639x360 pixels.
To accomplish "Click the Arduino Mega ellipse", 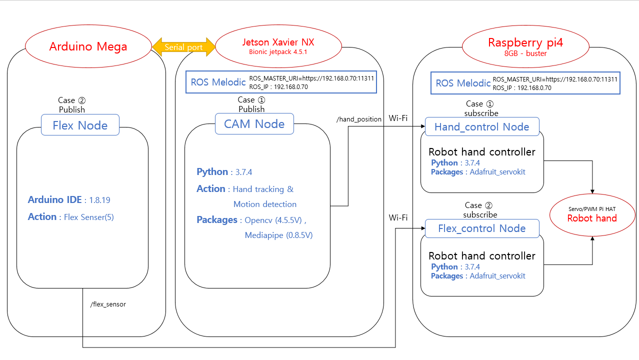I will click(x=88, y=46).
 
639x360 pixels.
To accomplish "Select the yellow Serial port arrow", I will click(x=183, y=47).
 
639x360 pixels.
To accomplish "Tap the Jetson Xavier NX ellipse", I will click(x=278, y=46).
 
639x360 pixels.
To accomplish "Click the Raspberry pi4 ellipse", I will click(x=525, y=46).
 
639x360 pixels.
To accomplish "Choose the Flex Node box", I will click(x=80, y=125).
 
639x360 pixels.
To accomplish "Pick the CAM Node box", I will click(x=254, y=123).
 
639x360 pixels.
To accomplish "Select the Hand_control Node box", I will click(x=481, y=126).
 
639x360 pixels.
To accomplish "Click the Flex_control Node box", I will click(x=481, y=228).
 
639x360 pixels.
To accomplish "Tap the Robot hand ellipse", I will click(x=592, y=215).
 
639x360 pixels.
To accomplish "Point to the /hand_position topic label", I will click(x=358, y=119).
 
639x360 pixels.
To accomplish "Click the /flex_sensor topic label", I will click(x=108, y=304).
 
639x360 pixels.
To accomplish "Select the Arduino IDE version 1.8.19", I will click(x=99, y=200).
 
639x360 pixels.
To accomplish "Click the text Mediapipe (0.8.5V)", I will click(x=278, y=235).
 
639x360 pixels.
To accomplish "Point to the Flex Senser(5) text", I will click(x=89, y=217).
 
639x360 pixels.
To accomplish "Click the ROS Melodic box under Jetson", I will click(x=281, y=82).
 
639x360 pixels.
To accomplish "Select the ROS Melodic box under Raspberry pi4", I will click(x=525, y=83).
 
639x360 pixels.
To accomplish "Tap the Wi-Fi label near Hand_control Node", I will click(x=398, y=118).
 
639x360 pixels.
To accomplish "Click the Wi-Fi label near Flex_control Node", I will click(x=398, y=217).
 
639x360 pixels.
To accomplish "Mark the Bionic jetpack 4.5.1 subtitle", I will click(x=278, y=51).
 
